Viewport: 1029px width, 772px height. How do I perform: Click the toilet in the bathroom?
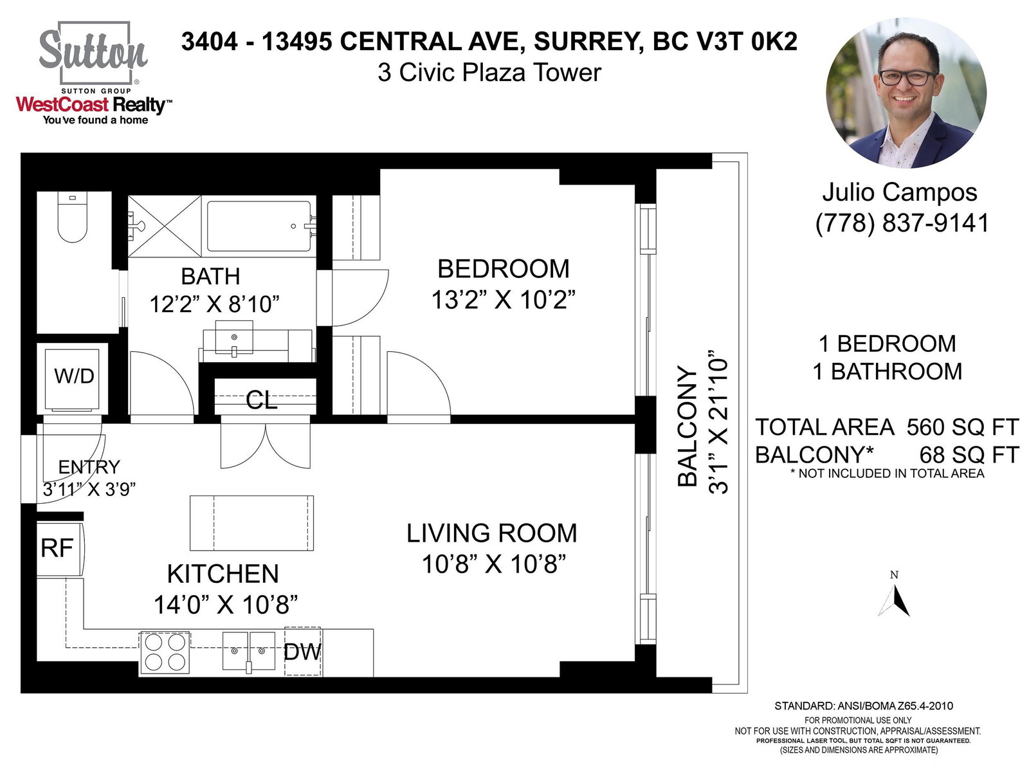coord(73,217)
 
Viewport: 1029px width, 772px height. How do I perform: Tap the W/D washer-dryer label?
coord(74,376)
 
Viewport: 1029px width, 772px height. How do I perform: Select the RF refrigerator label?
coord(57,548)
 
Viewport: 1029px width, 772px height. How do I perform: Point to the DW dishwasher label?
coord(302,652)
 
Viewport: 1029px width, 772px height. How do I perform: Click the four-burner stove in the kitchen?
coord(165,652)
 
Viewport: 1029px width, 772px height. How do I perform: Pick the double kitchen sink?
coord(248,651)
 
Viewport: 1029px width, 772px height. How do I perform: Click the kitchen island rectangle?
coord(251,522)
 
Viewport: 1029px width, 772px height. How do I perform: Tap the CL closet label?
coord(262,400)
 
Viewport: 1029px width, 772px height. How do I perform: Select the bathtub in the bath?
coord(259,226)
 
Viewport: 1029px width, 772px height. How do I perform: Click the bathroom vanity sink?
coord(234,338)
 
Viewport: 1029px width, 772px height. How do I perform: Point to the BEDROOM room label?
coord(504,268)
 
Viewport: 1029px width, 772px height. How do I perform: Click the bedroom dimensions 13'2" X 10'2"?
coord(503,299)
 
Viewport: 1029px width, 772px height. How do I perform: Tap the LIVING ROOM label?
coord(492,533)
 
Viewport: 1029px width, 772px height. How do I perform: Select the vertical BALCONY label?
coord(688,426)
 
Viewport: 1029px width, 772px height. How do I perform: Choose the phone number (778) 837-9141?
coord(902,223)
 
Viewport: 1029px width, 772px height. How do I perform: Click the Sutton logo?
coord(93,53)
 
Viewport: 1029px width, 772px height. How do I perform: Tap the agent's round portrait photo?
coord(906,93)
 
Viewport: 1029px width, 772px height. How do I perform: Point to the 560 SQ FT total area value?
coord(962,427)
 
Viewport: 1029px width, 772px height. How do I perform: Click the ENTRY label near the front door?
coord(89,467)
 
